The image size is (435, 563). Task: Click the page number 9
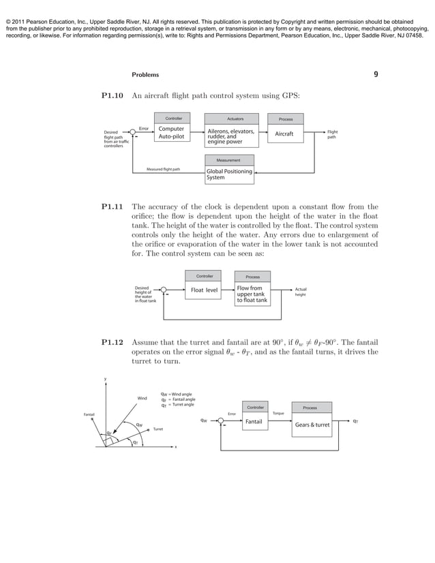click(376, 74)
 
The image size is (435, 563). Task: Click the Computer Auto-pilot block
click(171, 132)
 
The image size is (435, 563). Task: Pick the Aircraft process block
click(284, 134)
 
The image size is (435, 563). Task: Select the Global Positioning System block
click(229, 174)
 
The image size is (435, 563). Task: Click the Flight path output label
click(332, 134)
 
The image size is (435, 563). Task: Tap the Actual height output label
click(301, 292)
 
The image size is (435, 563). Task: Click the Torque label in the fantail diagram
click(278, 413)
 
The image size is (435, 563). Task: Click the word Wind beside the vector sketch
click(142, 398)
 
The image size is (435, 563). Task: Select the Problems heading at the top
click(145, 74)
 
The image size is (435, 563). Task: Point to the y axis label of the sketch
click(105, 379)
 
